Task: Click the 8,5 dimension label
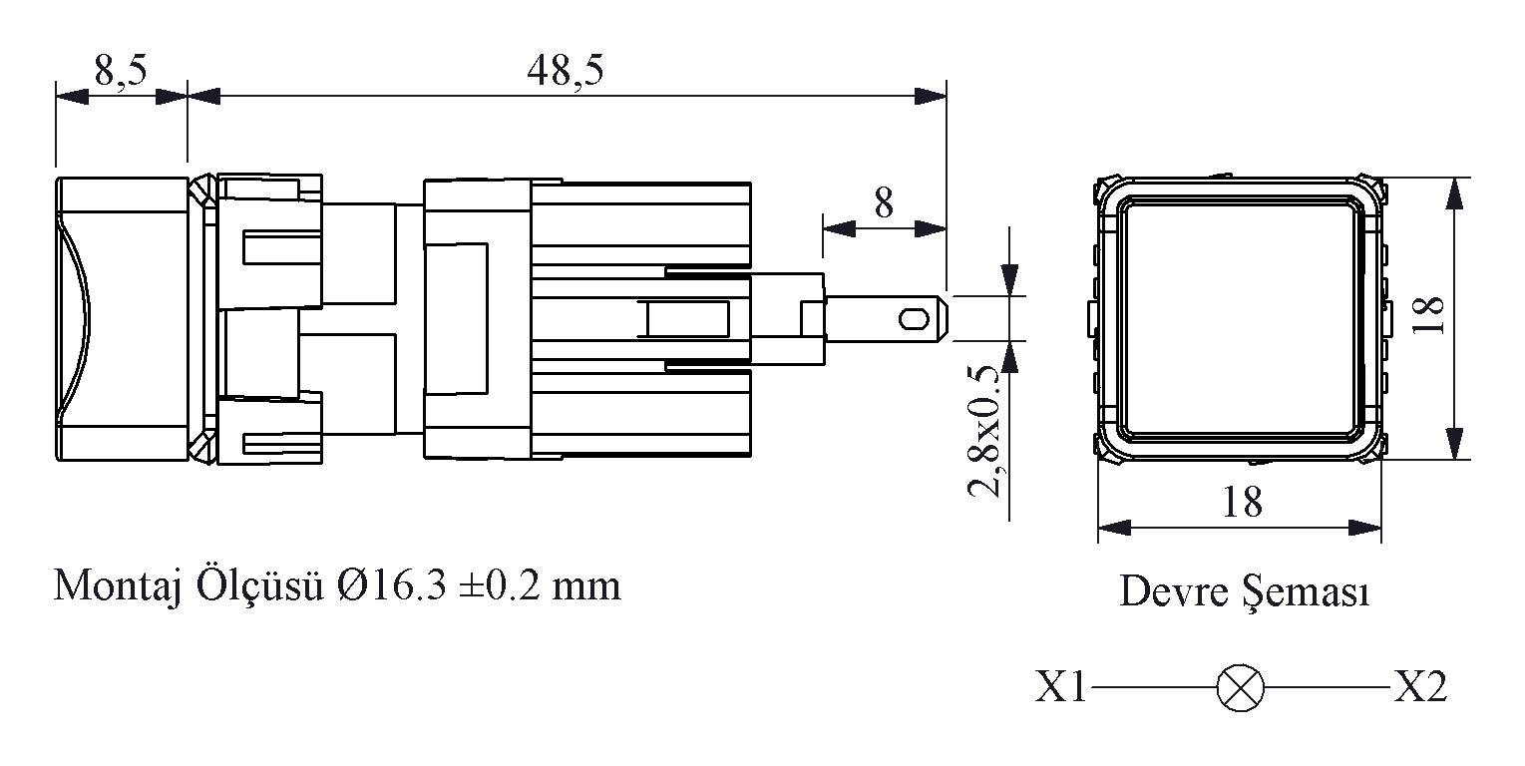pyautogui.click(x=121, y=71)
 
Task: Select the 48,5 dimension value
pyautogui.click(x=565, y=71)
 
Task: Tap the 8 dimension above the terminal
pyautogui.click(x=884, y=203)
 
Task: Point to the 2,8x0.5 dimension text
pyautogui.click(x=985, y=431)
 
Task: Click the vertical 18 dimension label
pyautogui.click(x=1432, y=317)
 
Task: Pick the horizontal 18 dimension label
pyautogui.click(x=1241, y=502)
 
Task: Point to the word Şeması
pyautogui.click(x=1306, y=593)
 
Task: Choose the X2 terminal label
pyautogui.click(x=1420, y=687)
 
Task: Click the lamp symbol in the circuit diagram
pyautogui.click(x=1240, y=688)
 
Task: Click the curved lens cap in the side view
pyautogui.click(x=74, y=319)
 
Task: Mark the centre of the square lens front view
pyautogui.click(x=1240, y=319)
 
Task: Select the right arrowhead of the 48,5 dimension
pyautogui.click(x=932, y=97)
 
